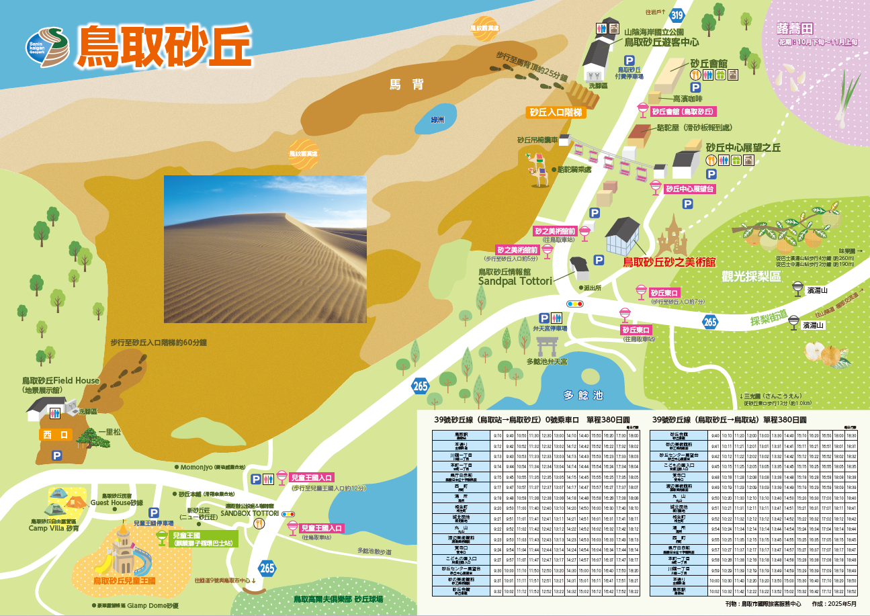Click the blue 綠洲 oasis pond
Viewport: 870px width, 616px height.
[x=437, y=118]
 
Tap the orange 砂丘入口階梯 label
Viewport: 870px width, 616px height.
[x=557, y=112]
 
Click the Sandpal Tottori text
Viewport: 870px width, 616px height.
[x=515, y=281]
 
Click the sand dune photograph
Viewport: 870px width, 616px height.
[x=265, y=249]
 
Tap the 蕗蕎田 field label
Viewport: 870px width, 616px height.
[x=794, y=29]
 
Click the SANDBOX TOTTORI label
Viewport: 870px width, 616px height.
[x=250, y=512]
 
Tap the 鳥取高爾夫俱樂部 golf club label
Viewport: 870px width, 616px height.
[x=338, y=599]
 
